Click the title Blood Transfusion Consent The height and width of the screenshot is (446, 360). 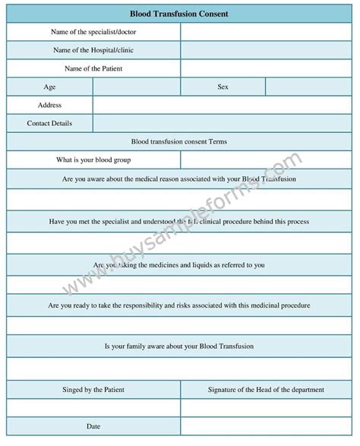[179, 14]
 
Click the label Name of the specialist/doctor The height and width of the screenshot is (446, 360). [93, 32]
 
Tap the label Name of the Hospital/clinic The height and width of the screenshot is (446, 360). [93, 50]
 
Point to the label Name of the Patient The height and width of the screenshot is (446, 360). [93, 68]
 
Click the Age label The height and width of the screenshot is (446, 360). [50, 87]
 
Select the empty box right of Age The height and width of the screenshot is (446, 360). [137, 87]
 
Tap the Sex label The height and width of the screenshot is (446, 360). [223, 87]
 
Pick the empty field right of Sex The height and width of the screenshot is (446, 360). [308, 87]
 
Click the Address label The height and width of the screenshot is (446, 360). [50, 105]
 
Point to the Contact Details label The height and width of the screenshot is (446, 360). [50, 123]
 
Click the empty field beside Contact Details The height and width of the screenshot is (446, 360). [223, 123]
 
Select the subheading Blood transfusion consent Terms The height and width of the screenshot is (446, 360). [179, 141]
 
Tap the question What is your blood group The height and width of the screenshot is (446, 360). [93, 160]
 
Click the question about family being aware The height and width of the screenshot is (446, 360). [179, 346]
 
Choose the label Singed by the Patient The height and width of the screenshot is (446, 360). [93, 390]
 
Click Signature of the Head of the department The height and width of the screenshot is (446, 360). [267, 390]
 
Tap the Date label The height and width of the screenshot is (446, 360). [93, 426]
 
